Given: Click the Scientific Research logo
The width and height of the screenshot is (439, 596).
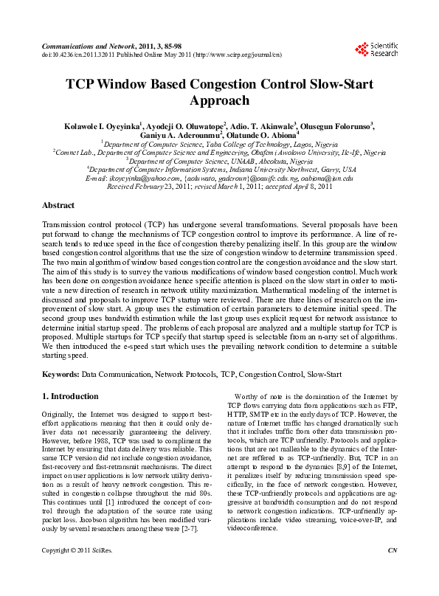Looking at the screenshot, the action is (x=376, y=49).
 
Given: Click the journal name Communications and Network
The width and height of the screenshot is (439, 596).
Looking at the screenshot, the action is (x=86, y=45).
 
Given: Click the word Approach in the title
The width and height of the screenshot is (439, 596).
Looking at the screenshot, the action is (x=219, y=101).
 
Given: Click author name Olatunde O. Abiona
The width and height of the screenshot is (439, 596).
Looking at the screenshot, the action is (x=263, y=135).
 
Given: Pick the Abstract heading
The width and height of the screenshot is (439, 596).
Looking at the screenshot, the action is (x=58, y=205).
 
